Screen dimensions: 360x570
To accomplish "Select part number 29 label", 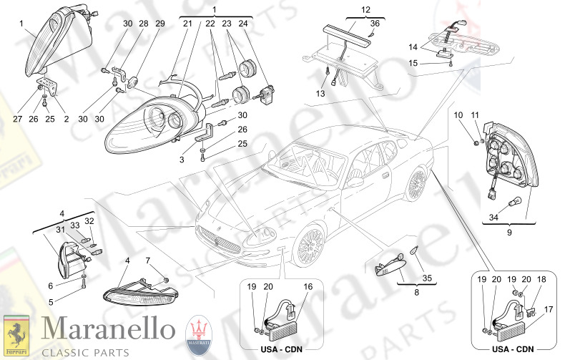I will (x=159, y=24).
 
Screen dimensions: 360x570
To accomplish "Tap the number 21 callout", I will (x=187, y=24).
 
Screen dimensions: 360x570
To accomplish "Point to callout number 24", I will (x=243, y=24).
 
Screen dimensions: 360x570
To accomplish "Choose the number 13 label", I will (x=321, y=93).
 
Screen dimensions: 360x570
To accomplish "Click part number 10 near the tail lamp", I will (x=458, y=115).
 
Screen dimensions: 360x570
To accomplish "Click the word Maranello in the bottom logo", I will (x=107, y=329).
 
